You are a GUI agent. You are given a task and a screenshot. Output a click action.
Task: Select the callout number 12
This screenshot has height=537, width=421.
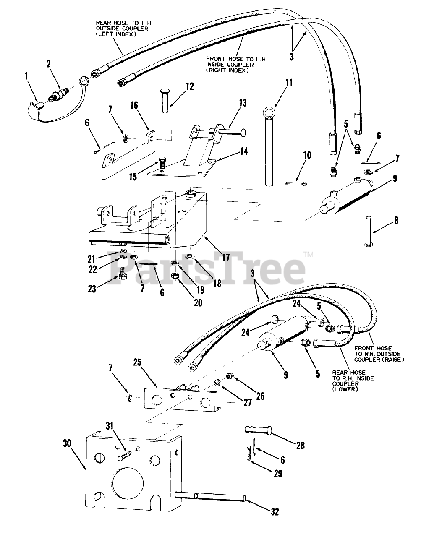click(x=190, y=86)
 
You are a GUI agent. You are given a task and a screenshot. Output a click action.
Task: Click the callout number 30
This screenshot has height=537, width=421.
click(x=67, y=443)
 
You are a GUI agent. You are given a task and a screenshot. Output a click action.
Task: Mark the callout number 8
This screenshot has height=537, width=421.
click(x=396, y=220)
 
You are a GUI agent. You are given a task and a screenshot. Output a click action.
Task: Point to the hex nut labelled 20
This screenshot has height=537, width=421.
click(x=175, y=276)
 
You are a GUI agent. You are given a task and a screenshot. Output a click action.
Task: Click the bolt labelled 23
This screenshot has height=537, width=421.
click(x=123, y=273)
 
